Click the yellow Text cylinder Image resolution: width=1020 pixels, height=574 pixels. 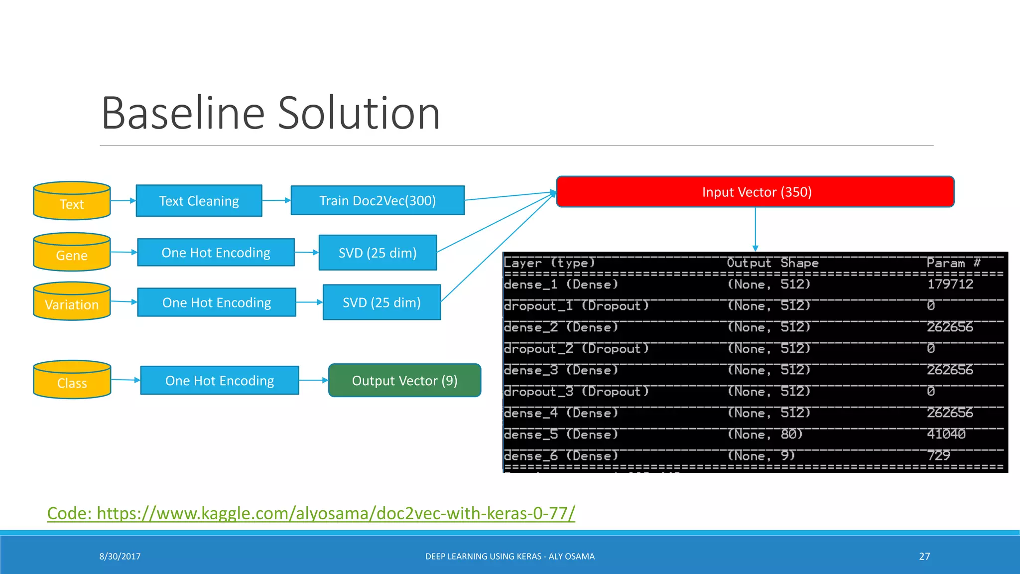pos(72,201)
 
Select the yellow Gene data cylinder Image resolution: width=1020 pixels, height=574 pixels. pos(72,253)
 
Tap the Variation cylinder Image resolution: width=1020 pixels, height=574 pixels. pos(72,302)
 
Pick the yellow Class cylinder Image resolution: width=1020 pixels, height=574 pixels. pos(72,380)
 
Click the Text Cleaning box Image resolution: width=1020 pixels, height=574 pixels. pos(199,201)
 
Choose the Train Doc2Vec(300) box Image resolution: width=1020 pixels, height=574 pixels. pos(378,200)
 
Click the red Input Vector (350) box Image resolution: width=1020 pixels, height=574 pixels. pos(755,192)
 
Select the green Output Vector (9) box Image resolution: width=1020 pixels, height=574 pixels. pos(404,381)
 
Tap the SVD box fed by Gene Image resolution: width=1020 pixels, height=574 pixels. pos(378,253)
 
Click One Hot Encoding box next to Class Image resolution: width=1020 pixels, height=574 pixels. pos(220,381)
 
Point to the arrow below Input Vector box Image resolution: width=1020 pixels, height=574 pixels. pos(756,229)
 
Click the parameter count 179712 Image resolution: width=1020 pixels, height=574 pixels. pos(950,285)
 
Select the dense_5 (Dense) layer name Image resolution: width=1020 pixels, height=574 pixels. pos(561,434)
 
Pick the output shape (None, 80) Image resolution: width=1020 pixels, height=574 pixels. pos(765,434)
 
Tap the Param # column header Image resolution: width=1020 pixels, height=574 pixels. pos(953,263)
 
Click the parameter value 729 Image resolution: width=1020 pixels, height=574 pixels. pos(938,455)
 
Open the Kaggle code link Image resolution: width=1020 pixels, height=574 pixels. pos(311,513)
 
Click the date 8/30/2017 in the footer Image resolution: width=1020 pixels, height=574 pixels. pos(120,557)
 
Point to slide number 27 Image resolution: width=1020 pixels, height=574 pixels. pos(924,557)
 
